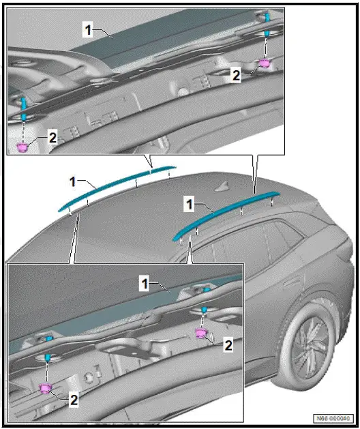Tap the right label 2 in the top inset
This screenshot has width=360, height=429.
pos(236,76)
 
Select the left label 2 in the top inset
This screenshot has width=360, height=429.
pos(52,136)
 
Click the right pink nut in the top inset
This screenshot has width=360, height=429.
pos(265,64)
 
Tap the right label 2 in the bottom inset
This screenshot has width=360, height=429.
pos(228,346)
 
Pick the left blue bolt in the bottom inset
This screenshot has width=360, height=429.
pos(47,358)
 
